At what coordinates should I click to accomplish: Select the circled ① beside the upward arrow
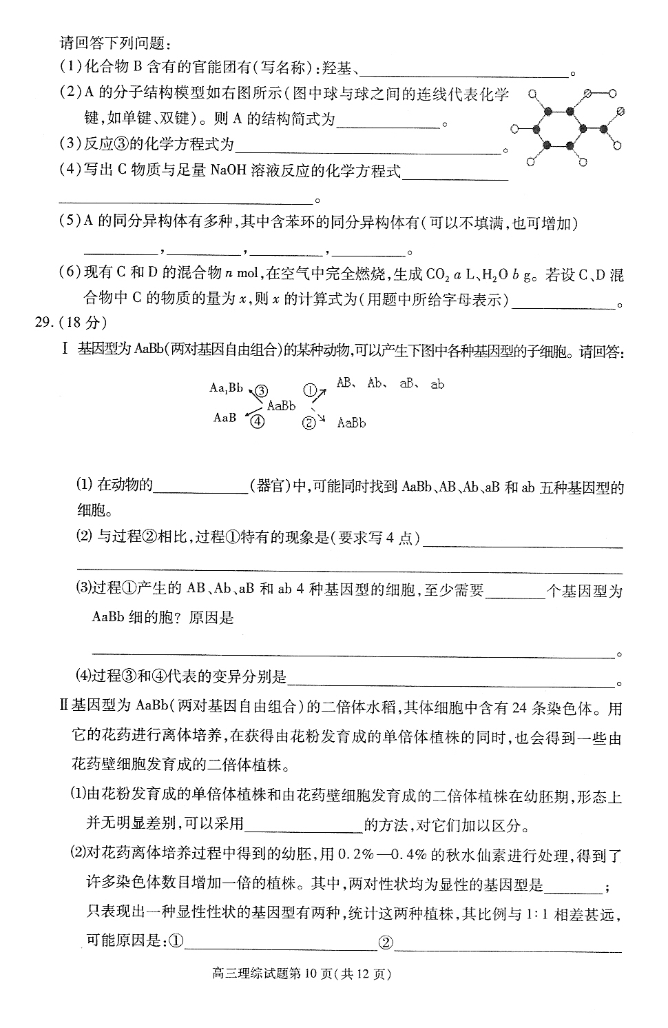point(311,390)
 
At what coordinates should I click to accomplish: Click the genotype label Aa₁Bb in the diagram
point(226,388)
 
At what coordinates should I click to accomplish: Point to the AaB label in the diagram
point(225,418)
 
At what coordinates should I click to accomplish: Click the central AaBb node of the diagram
point(281,405)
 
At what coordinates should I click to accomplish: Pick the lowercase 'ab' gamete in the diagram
point(437,385)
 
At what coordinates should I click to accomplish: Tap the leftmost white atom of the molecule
point(514,128)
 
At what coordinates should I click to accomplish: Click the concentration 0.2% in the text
point(355,856)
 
